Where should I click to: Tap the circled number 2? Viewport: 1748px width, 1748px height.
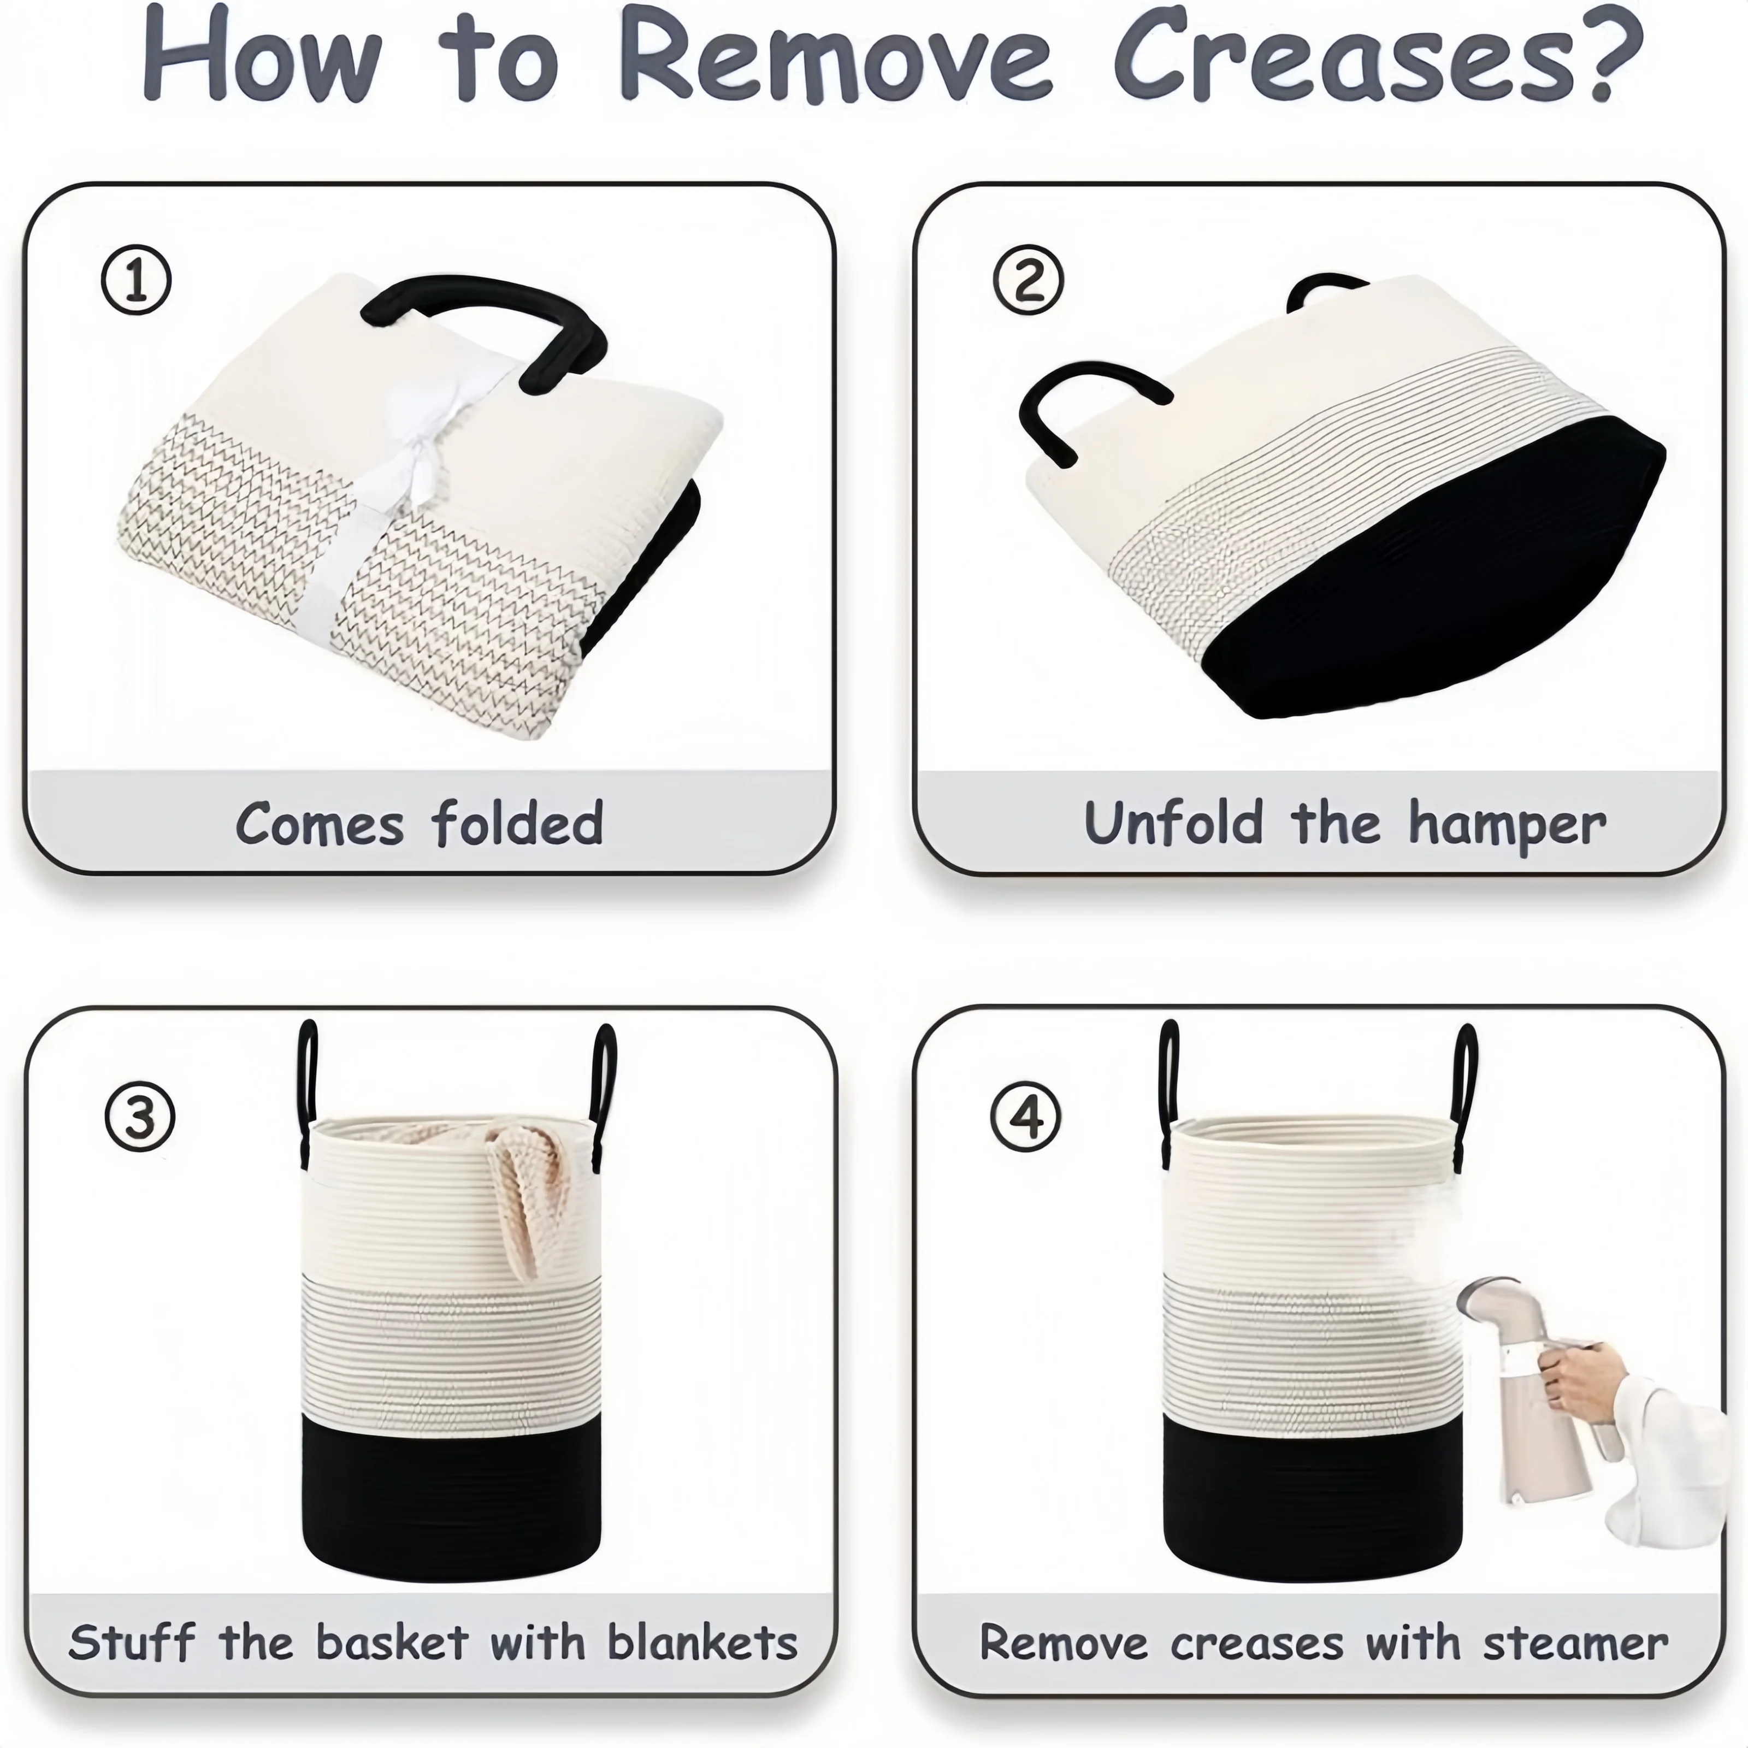1028,280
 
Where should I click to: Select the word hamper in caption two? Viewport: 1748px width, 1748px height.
1507,826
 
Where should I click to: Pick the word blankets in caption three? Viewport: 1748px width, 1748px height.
702,1642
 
